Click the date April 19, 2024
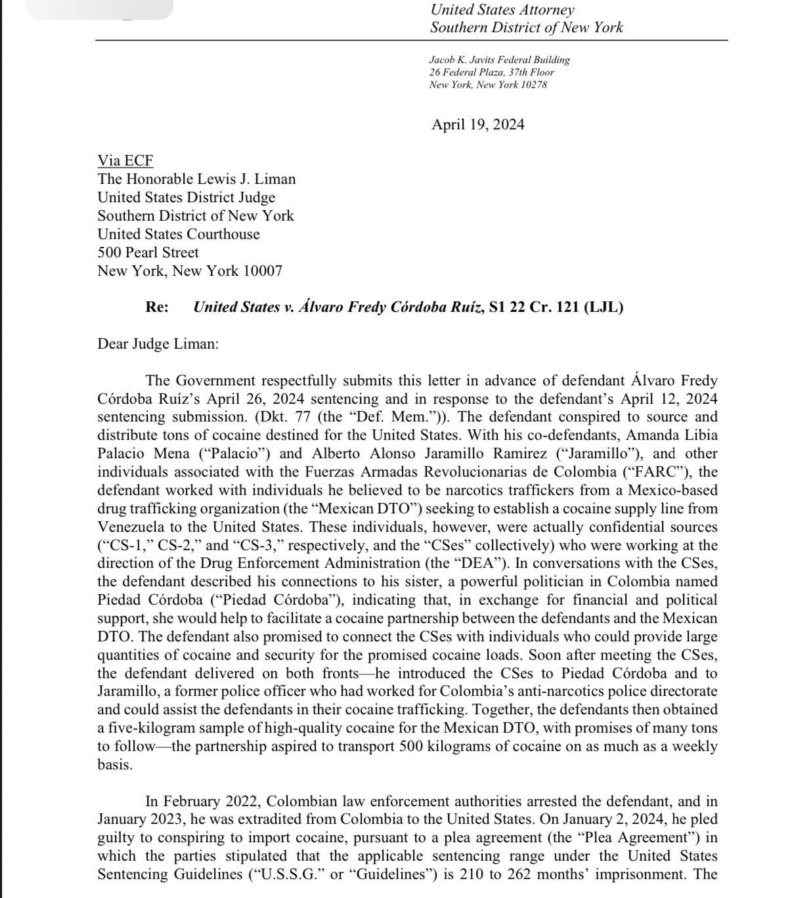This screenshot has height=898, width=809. tap(477, 125)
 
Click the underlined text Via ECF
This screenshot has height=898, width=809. tap(125, 161)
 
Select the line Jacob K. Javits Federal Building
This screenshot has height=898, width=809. tap(499, 60)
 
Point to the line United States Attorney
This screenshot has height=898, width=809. tap(502, 10)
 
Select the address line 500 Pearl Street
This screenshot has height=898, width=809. tap(148, 253)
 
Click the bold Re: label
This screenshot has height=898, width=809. tap(157, 307)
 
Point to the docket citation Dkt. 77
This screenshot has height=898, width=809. tap(286, 417)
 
